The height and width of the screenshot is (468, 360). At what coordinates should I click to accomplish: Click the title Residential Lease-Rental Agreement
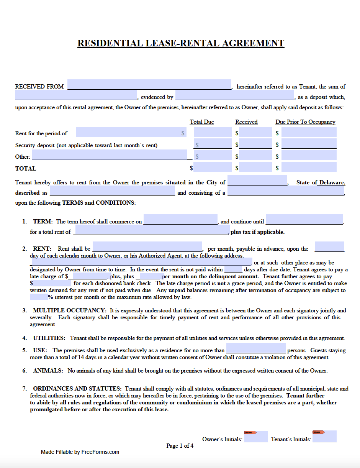click(x=180, y=43)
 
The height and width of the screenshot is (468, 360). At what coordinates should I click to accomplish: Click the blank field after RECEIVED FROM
click(x=149, y=85)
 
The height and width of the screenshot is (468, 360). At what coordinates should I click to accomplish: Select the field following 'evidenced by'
click(x=234, y=95)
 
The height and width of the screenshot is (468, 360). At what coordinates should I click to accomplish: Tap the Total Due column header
click(x=202, y=122)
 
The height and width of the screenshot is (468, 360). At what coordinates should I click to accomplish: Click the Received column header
click(x=246, y=122)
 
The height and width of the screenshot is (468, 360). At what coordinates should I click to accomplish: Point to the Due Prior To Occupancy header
click(x=305, y=122)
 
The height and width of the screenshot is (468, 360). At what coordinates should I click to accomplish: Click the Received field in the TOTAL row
click(x=255, y=167)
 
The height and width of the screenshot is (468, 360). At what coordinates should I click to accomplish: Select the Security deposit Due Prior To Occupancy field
click(x=309, y=144)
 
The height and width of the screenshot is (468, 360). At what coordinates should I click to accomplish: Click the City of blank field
click(x=257, y=181)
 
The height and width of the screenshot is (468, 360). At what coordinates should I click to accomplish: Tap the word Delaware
click(x=332, y=182)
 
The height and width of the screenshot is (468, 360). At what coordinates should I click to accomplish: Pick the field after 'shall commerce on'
click(x=180, y=220)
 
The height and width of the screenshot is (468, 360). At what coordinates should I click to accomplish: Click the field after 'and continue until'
click(x=304, y=220)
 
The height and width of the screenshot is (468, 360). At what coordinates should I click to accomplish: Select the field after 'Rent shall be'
click(x=147, y=247)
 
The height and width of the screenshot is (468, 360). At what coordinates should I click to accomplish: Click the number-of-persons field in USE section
click(x=256, y=348)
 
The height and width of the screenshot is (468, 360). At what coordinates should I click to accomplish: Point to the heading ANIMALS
click(x=48, y=371)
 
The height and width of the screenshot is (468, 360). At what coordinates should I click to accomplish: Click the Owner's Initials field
click(x=256, y=437)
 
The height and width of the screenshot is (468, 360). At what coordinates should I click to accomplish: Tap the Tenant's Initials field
click(x=324, y=437)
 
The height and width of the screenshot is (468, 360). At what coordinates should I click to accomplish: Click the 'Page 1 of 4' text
click(x=180, y=446)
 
